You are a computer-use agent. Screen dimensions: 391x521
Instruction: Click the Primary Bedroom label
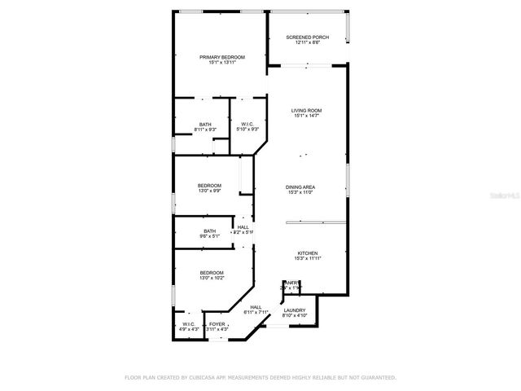point(222,57)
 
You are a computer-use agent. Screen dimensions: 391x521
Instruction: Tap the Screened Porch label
point(307,37)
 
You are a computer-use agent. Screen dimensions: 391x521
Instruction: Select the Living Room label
point(307,111)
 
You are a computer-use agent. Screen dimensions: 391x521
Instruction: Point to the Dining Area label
point(300,187)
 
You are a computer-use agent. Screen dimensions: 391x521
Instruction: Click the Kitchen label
point(306,253)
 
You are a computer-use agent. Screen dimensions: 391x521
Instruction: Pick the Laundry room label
point(294,310)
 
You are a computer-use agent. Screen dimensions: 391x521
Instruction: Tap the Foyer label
point(217,323)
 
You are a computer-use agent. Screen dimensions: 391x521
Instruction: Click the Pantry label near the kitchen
point(291,283)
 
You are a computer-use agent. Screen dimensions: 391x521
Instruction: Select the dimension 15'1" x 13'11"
point(222,63)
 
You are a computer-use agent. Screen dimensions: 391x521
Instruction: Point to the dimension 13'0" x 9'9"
point(209,191)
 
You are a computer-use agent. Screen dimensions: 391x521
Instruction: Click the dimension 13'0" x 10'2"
point(212,278)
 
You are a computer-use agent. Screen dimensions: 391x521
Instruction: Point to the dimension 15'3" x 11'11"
point(306,259)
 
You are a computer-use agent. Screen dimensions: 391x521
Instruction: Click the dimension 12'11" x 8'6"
point(307,42)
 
